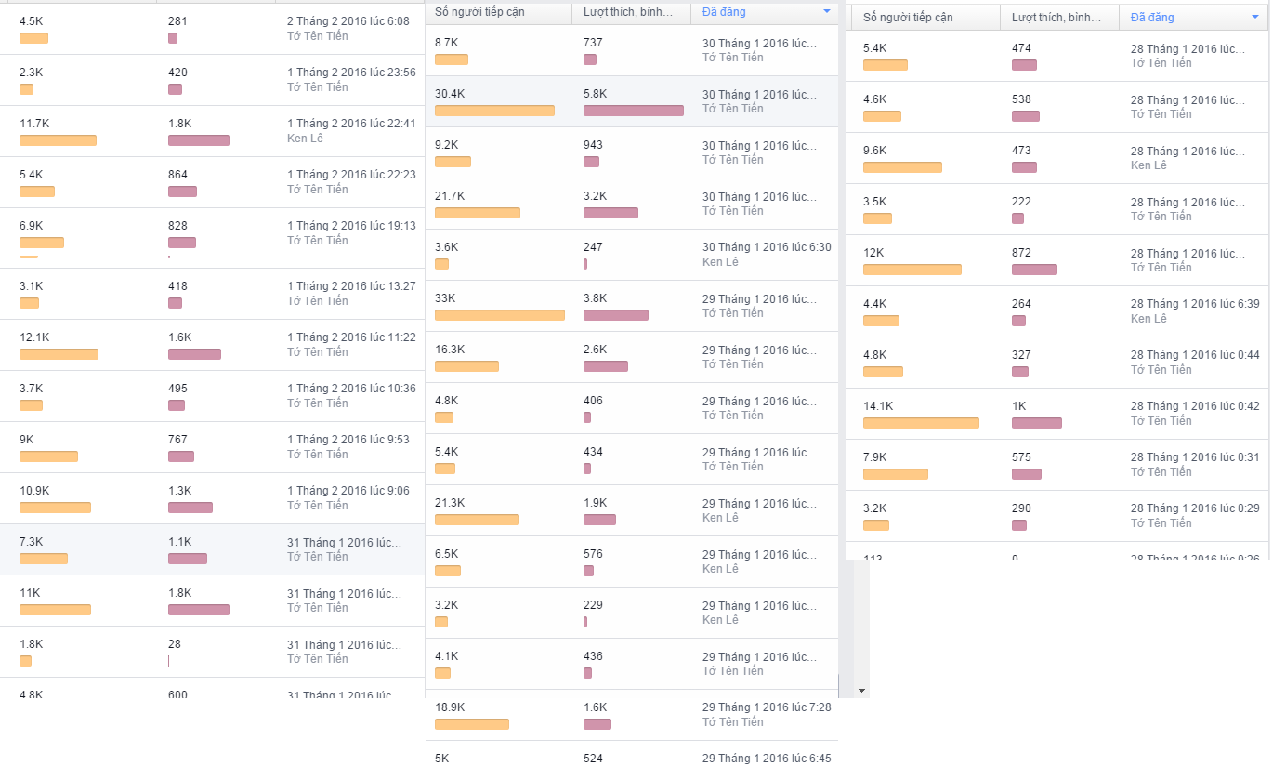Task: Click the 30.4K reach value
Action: coord(450,94)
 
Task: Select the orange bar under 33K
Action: coord(499,315)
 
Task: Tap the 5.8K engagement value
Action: coord(595,94)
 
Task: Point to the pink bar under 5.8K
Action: coord(633,111)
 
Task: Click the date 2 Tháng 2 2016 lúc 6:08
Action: coord(348,21)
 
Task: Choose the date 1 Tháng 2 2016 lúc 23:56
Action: coord(351,73)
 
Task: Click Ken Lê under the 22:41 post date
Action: coord(305,139)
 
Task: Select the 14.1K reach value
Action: coord(877,406)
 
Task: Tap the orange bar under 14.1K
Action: coord(921,423)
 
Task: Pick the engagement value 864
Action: coord(177,175)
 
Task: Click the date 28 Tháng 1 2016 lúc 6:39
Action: coord(1195,304)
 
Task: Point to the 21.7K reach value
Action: coord(450,196)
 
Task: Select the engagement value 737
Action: coord(593,43)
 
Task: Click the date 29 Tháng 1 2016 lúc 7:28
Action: coord(767,707)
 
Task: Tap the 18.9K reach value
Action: coord(450,707)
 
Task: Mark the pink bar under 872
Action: coord(1034,270)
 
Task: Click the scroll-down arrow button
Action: coord(861,691)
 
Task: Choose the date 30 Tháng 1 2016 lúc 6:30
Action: coord(767,247)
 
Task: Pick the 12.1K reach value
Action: coord(34,337)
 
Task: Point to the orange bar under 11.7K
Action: coord(58,140)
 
